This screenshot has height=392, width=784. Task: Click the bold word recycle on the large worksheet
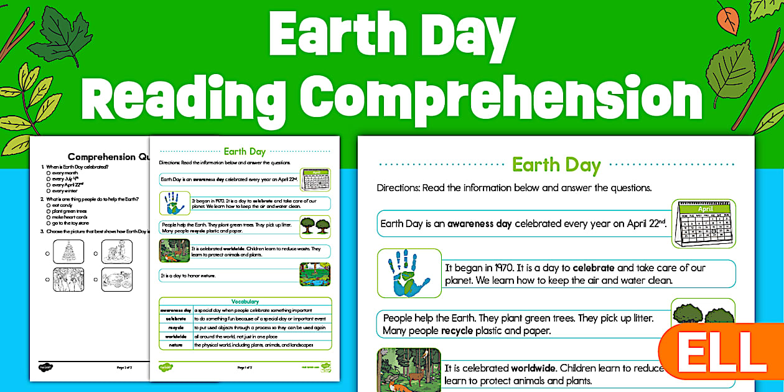tap(457, 330)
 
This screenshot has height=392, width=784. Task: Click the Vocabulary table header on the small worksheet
tap(245, 302)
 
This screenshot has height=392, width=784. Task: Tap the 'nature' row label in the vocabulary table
tap(175, 345)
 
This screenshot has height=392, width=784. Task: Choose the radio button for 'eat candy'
tap(48, 205)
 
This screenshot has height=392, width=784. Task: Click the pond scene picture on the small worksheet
tap(315, 274)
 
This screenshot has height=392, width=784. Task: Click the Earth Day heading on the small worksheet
tap(245, 151)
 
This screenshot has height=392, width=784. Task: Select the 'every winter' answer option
tap(65, 190)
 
